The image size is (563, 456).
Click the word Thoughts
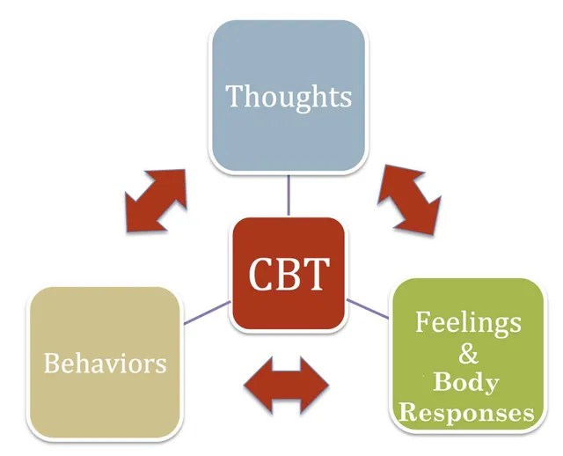289,96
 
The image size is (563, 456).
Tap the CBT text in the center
288,273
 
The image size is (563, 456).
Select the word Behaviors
106,363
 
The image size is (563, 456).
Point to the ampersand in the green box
470,354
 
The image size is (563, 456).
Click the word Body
465,383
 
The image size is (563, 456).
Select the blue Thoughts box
288,132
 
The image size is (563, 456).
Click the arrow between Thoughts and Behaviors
156,199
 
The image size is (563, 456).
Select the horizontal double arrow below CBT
285,385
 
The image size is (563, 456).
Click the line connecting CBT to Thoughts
289,195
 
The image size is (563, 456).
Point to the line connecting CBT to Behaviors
207,313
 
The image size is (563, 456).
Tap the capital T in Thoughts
234,95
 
